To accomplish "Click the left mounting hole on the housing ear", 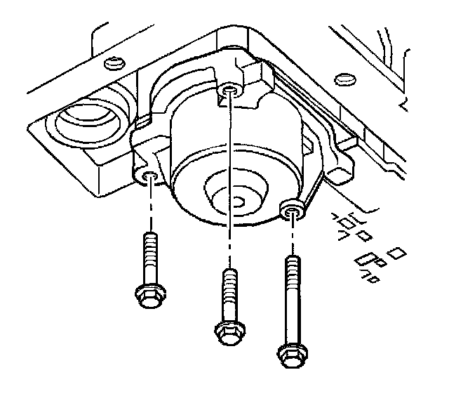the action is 149,176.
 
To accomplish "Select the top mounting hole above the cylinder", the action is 228,91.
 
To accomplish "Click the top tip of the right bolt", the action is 292,258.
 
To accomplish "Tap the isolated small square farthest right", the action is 397,252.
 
